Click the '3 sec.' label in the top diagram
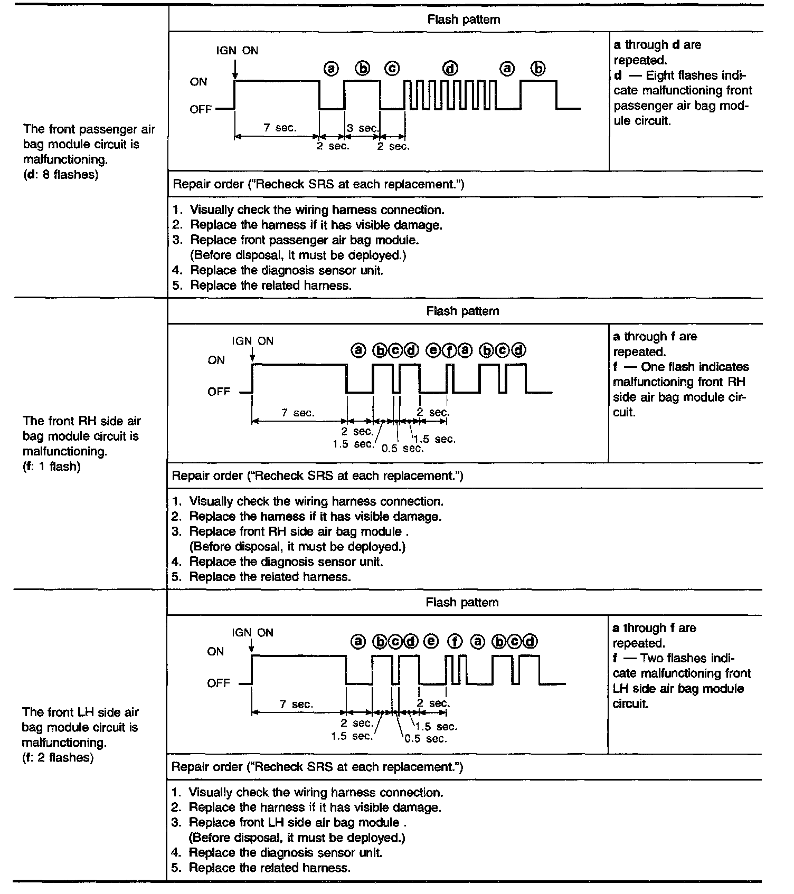363,128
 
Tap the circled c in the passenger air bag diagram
392,69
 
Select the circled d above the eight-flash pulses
450,69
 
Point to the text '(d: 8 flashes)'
61,175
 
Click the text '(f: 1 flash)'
52,467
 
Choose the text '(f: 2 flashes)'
58,758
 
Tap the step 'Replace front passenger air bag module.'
304,240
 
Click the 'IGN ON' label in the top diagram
237,51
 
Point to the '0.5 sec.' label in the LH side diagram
426,738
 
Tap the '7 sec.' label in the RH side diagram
298,413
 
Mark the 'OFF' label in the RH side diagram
219,392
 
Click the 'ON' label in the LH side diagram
215,652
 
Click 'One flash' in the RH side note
666,367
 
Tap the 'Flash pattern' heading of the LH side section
462,603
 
